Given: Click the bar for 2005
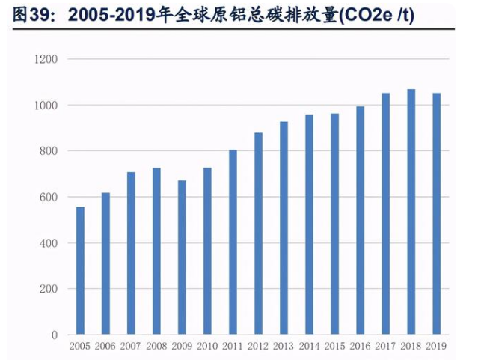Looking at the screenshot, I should [80, 271].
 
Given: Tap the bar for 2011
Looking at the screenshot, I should [233, 242].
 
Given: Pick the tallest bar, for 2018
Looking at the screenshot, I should [411, 212].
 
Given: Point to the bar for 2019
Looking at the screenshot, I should [436, 214].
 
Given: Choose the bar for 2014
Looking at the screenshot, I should [309, 225].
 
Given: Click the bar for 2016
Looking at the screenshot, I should [360, 221].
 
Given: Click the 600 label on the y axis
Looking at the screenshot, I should [49, 198].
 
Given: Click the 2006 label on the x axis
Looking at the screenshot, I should [105, 346].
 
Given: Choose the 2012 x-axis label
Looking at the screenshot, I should [258, 346].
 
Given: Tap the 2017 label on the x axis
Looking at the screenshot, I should [385, 346].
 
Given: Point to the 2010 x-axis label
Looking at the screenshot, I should [207, 346].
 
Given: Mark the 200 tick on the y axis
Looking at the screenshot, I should [49, 290].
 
